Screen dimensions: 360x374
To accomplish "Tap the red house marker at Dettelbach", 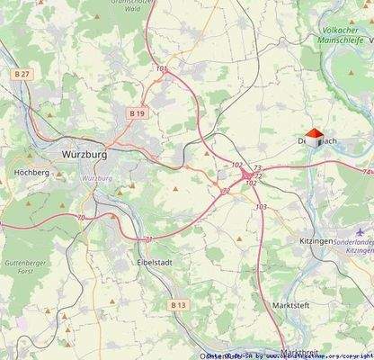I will pyautogui.click(x=313, y=138).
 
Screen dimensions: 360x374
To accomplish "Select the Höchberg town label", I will pyautogui.click(x=31, y=171).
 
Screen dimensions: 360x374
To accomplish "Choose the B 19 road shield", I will pyautogui.click(x=137, y=113).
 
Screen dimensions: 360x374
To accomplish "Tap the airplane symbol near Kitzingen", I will pyautogui.click(x=359, y=232).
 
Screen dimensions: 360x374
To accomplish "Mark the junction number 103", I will pyautogui.click(x=261, y=207).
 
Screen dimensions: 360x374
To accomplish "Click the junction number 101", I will pyautogui.click(x=161, y=67).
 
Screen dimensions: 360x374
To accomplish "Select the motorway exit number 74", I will pyautogui.click(x=367, y=171).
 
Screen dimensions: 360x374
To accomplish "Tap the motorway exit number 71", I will pyautogui.click(x=149, y=238).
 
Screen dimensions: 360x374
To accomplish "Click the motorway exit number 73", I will pyautogui.click(x=257, y=168).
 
